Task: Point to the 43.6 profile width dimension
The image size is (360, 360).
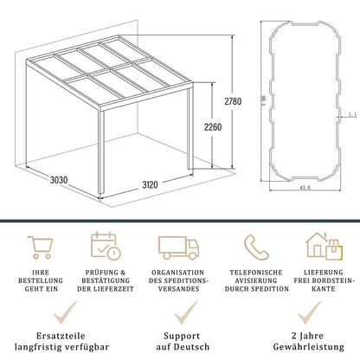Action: (305, 201)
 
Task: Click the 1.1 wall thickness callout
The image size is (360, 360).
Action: (351, 112)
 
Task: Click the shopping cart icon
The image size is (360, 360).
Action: (40, 247)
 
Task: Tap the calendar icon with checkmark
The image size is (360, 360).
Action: (106, 247)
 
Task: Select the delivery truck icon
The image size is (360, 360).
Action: (178, 247)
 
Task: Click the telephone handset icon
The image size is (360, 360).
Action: (254, 247)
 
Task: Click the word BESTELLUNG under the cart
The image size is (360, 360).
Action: (40, 281)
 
